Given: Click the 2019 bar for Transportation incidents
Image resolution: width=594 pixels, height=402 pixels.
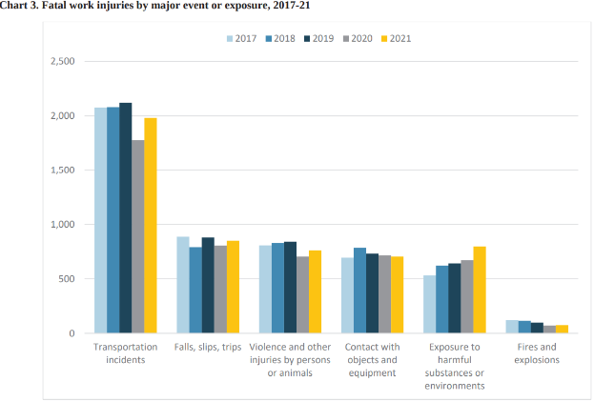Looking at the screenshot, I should click(x=125, y=218).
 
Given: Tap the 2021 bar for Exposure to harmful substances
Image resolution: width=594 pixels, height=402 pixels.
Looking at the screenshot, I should click(x=480, y=290).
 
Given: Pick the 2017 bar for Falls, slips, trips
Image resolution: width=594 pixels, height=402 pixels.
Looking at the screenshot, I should click(x=182, y=285).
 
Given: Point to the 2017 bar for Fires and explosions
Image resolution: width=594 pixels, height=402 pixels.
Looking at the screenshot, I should click(x=512, y=327).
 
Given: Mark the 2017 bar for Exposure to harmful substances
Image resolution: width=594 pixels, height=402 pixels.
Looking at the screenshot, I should click(x=429, y=304).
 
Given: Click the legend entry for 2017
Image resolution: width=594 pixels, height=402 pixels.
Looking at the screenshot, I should click(x=241, y=39).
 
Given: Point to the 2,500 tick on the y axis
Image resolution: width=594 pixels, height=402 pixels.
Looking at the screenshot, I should click(x=61, y=62).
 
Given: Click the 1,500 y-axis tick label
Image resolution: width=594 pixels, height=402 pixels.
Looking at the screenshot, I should click(x=61, y=171).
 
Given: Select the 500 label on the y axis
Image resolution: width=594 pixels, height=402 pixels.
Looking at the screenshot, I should click(x=66, y=279).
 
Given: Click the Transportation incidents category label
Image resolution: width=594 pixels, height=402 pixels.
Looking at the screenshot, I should click(x=125, y=353).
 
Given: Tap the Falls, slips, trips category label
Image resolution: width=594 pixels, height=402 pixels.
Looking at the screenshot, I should click(x=207, y=347).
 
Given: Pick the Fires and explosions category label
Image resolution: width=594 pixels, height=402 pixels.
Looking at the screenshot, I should click(x=537, y=353).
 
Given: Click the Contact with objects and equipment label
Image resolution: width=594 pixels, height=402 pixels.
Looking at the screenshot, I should click(x=371, y=359).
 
